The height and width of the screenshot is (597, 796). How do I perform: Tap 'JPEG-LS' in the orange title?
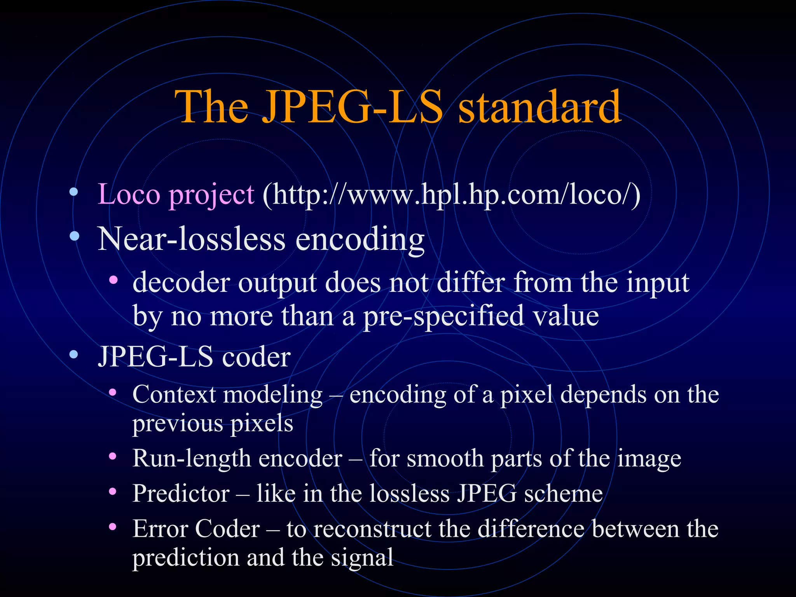pos(352,107)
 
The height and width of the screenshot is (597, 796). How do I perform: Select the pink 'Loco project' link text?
pos(176,194)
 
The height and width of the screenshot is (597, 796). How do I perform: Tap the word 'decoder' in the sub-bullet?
pos(181,283)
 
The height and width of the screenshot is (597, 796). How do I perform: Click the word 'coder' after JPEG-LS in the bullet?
pos(256,357)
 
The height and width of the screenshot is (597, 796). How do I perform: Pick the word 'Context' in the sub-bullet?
pos(174,395)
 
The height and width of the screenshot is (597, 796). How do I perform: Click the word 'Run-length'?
pos(191,459)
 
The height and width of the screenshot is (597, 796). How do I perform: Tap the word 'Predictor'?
pos(181,494)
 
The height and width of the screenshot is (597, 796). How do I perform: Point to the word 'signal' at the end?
pos(362,558)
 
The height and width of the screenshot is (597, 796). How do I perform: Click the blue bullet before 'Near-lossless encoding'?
pos(74,236)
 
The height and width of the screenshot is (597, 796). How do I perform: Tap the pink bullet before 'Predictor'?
pos(113,492)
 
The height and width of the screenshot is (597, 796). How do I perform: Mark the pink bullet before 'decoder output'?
pos(113,279)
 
